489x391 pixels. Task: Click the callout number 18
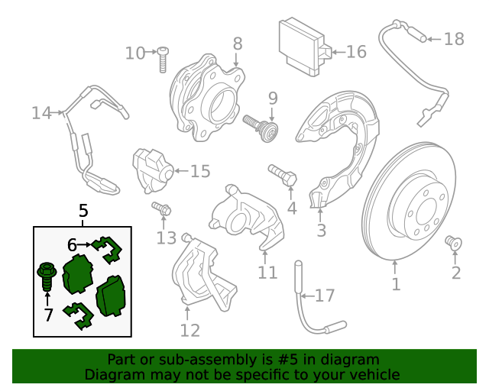click(x=454, y=38)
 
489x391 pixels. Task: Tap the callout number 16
click(x=356, y=52)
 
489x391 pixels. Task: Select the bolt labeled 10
click(x=163, y=59)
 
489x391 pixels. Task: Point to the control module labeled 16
click(x=303, y=47)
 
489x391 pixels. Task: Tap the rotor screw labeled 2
click(x=453, y=243)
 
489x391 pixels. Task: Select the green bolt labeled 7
click(x=44, y=276)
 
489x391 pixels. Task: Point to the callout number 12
click(x=189, y=330)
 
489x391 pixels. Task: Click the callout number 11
click(x=267, y=272)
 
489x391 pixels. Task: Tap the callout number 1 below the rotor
click(x=396, y=285)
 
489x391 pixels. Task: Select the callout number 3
click(x=321, y=230)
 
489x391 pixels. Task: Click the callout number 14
click(x=41, y=114)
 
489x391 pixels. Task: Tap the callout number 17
click(x=325, y=295)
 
